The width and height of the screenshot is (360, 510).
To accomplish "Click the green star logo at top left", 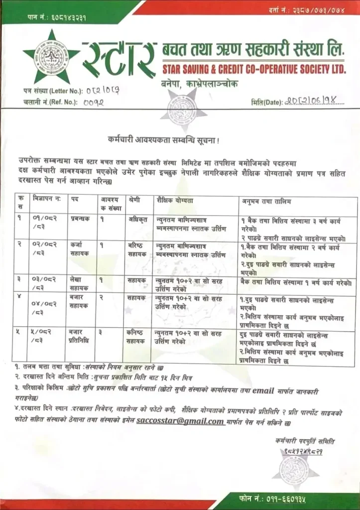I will coord(51,58).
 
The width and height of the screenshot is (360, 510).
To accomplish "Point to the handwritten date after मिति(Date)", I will coord(314,102).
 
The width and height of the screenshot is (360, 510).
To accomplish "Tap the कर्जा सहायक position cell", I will coord(79,249).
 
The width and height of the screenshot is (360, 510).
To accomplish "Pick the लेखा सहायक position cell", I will coord(79,284).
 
